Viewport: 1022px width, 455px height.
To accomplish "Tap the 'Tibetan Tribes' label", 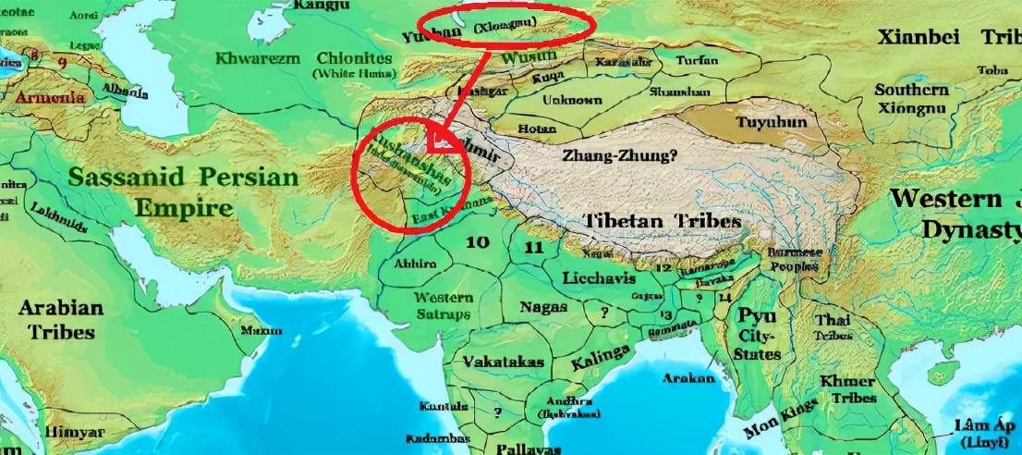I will (x=662, y=222).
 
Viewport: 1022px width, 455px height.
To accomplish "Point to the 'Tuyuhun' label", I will (x=771, y=122).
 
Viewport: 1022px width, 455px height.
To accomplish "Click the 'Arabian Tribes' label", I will (x=61, y=319).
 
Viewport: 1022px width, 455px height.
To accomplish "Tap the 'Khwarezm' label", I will (x=257, y=58).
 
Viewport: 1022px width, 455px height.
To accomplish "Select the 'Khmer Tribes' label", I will (x=846, y=389).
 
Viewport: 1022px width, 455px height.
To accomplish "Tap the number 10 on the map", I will (x=477, y=243).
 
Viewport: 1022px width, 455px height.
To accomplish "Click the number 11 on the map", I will (x=534, y=247).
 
